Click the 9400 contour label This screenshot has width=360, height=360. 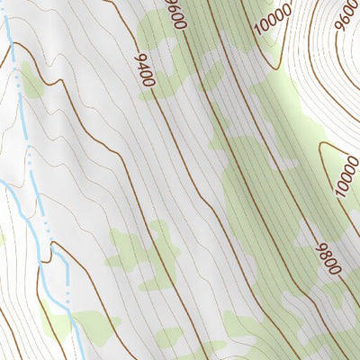tap(144, 70)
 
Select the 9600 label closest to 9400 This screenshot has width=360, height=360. tap(176, 14)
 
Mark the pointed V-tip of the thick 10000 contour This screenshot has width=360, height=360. tap(321, 148)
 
